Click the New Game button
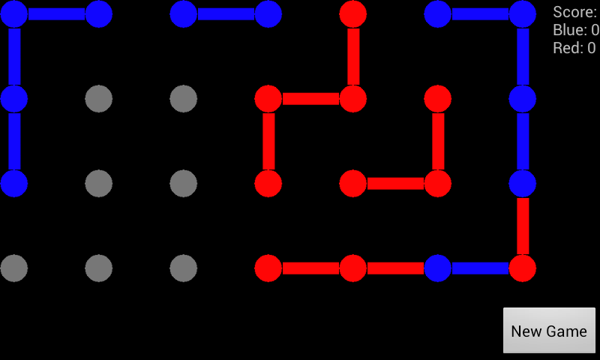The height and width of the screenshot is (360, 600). [x=549, y=331]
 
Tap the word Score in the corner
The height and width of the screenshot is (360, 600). [x=574, y=12]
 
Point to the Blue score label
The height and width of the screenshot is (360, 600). [x=576, y=30]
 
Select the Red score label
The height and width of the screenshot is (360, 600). [x=574, y=48]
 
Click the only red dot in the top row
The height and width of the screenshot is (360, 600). [x=352, y=14]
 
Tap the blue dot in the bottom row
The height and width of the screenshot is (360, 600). [x=438, y=268]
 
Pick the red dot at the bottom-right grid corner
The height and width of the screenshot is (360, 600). [x=522, y=268]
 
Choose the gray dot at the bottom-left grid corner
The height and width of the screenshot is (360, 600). [x=14, y=268]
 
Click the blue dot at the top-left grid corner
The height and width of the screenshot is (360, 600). [x=14, y=14]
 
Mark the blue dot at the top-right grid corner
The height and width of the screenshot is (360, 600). [x=522, y=14]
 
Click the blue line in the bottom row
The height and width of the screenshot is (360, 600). [x=480, y=268]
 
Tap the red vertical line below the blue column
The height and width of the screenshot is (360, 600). [x=523, y=226]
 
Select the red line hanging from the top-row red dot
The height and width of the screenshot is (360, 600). [x=353, y=56]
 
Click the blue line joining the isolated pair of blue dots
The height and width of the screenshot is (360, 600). [x=226, y=14]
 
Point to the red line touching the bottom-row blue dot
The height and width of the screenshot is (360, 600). [x=395, y=268]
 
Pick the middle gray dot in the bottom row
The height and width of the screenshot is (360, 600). [x=99, y=268]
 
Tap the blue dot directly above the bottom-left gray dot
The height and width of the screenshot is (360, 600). [x=14, y=184]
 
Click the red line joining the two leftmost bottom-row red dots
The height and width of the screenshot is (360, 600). [x=310, y=268]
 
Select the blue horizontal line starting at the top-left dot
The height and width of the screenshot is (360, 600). [x=57, y=14]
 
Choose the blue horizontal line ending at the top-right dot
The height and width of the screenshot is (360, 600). [x=480, y=14]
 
